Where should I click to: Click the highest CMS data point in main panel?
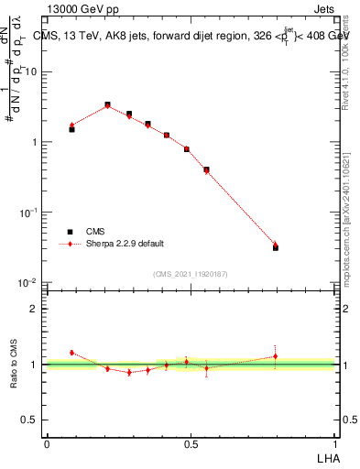107,105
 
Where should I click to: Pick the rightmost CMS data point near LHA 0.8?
276,247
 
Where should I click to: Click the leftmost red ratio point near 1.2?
71,352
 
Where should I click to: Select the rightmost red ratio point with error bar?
276,356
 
